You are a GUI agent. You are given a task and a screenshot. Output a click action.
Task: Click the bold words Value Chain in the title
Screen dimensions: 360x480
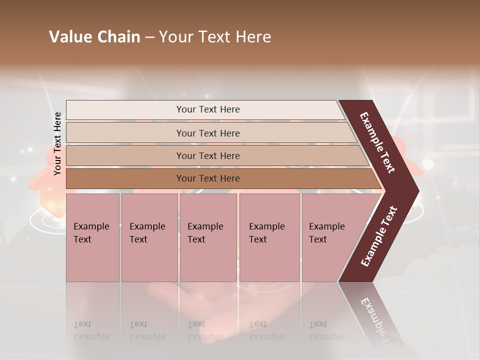point(94,37)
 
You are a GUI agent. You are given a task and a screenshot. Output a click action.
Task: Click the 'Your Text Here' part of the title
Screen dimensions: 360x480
point(215,37)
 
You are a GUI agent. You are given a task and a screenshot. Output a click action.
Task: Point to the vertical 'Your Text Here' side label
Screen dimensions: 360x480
point(57,143)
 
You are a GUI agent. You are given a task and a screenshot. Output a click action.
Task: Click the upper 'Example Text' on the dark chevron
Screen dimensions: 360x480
point(377,142)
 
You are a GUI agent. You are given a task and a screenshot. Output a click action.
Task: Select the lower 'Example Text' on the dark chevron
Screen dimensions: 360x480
point(379,236)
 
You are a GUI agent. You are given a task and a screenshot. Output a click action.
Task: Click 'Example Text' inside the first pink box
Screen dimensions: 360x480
point(91,232)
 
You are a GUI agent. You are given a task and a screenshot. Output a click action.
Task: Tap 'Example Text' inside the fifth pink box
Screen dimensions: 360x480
point(326,232)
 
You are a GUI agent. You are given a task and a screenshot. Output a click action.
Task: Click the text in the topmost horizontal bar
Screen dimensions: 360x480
point(208,109)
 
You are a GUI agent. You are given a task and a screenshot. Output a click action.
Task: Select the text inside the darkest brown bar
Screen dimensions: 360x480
point(208,178)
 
